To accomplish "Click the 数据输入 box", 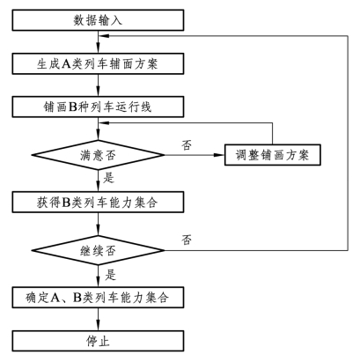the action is coord(98,20).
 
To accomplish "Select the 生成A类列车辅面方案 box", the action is coord(98,63).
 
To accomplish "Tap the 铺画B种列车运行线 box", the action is coord(98,107).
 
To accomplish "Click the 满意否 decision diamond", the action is coord(98,155).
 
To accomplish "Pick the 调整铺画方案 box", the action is coord(273,155).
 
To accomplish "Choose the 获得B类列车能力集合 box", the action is coord(98,202).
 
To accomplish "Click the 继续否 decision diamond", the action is coord(98,250).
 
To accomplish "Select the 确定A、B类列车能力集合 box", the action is coord(98,298).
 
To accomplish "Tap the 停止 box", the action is coord(98,341).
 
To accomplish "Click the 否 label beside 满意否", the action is coord(187,144).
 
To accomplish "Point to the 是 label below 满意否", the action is coord(108,178).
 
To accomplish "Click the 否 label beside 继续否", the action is coord(187,240).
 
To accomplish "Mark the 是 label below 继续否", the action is coord(111,275).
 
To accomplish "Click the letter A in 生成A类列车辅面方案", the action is coord(66,63).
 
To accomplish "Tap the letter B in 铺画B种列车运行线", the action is coord(72,107).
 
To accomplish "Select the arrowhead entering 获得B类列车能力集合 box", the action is coord(98,187).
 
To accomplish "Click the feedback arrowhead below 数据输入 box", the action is coord(105,36).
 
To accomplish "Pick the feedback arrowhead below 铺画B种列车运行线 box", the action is coord(105,122).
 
